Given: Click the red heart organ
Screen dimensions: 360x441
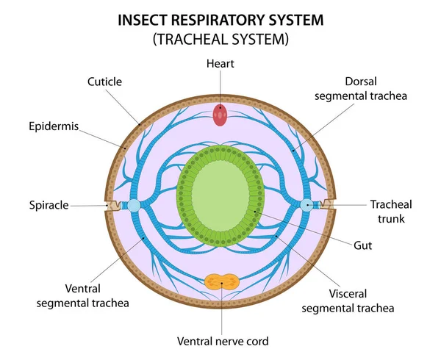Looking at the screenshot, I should [x=220, y=114].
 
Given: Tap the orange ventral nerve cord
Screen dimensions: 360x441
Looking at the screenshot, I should [x=220, y=282].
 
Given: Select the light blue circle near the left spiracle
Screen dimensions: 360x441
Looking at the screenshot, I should [x=133, y=206].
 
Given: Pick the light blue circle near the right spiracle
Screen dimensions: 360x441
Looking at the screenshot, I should [x=307, y=206].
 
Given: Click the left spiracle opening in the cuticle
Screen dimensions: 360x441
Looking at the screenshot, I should [x=112, y=206].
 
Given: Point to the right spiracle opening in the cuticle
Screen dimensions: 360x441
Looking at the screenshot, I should [x=328, y=206].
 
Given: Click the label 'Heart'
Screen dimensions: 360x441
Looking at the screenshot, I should [x=220, y=64].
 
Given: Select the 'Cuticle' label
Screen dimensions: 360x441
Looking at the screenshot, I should [x=104, y=81].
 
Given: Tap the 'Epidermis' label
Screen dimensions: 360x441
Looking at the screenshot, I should [x=54, y=126].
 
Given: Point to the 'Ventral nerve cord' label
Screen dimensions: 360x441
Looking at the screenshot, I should [x=221, y=341].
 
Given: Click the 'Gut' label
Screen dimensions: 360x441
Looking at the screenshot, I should [x=362, y=245].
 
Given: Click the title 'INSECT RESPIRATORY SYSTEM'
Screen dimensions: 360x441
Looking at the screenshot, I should [x=220, y=20].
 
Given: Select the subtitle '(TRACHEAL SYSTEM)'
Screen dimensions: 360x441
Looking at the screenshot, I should [x=220, y=40].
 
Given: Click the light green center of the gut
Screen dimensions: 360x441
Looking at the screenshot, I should [x=220, y=198].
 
